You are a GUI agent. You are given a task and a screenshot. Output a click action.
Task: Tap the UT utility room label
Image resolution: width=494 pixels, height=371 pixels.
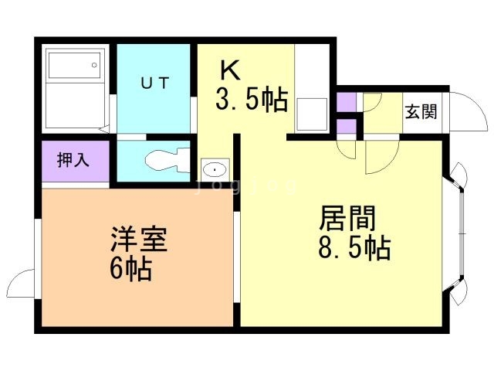154,81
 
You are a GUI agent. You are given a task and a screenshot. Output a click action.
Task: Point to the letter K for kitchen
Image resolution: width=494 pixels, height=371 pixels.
230,71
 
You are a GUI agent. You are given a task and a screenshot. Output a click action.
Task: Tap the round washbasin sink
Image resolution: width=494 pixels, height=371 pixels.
214,168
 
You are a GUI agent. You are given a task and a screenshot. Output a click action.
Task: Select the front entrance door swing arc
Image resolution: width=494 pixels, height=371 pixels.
461,108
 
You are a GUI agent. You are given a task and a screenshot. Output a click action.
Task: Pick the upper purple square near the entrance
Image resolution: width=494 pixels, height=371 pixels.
347,101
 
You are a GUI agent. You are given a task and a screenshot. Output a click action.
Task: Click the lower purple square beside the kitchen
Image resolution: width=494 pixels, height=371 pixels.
347,126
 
